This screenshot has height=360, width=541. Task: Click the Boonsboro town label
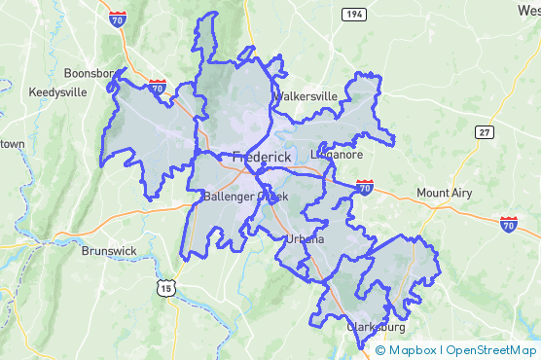tap(90, 73)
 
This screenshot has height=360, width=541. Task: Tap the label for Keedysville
tap(57, 92)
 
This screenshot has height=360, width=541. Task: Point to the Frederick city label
tap(263, 157)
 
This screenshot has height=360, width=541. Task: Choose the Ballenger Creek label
tap(245, 197)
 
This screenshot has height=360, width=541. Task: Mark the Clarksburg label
tap(376, 328)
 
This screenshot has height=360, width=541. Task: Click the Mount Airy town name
tap(444, 193)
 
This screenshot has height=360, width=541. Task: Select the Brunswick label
tap(109, 250)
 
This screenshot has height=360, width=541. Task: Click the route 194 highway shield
tap(352, 13)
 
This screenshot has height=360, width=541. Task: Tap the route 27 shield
tap(485, 131)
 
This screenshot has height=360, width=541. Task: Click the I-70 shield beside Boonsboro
tap(157, 88)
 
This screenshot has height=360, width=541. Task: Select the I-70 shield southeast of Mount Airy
tap(508, 225)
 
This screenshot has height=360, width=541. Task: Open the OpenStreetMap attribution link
tap(490, 350)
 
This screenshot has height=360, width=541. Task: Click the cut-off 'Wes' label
tap(527, 9)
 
